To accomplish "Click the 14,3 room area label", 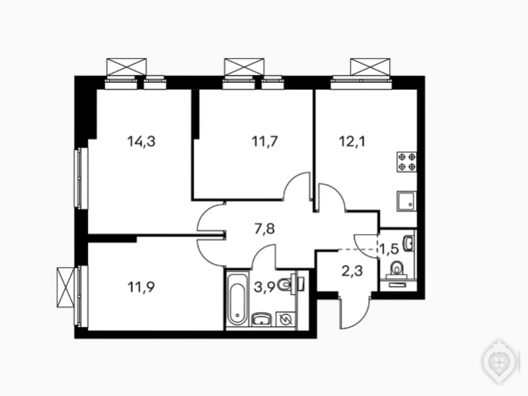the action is coord(141,141).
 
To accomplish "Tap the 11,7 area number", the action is coord(265,141).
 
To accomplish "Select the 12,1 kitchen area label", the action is coord(352,141).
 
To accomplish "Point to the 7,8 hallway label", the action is coord(264,229).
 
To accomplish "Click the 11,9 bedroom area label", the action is coord(141,287).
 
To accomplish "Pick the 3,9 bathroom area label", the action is coord(265,287).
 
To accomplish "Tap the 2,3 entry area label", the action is coord(352,270).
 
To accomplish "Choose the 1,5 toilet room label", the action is coord(389,249).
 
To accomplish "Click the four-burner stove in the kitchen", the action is coord(407,162).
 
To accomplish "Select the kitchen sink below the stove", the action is coord(407,201).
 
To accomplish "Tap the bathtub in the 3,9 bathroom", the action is coord(237,300).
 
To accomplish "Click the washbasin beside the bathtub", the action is coord(262,319).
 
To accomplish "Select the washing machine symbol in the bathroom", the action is coord(285,319).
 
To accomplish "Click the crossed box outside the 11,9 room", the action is coord(66,287).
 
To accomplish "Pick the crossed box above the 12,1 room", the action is coord(370,67).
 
